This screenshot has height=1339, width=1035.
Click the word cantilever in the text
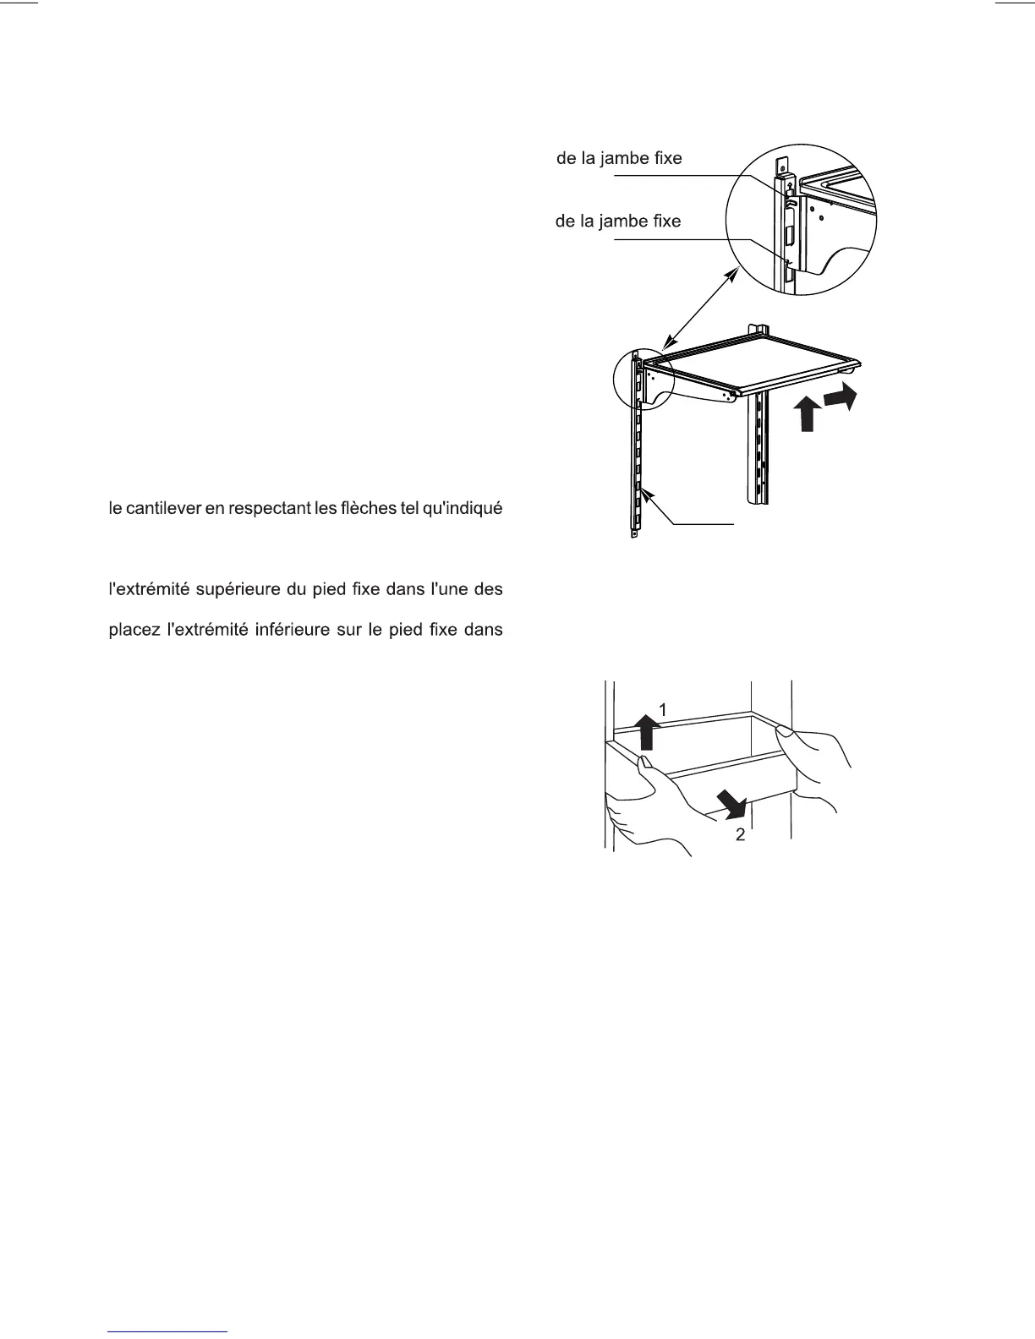click(162, 509)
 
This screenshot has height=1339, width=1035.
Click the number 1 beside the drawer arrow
click(664, 711)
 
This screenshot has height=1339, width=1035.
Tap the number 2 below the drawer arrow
click(741, 835)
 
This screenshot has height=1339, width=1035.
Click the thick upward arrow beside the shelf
click(808, 415)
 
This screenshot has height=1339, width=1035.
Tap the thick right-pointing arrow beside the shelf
click(842, 397)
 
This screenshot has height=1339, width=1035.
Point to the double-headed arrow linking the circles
click(699, 305)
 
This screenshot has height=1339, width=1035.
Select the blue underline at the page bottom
click(168, 1332)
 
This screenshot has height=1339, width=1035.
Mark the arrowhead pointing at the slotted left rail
click(646, 498)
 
